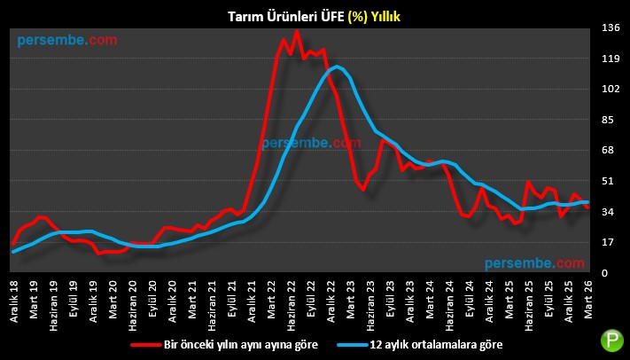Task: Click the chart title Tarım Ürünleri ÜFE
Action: coord(315,14)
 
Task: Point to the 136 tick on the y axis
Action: coord(610,29)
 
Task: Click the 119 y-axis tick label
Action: coord(610,59)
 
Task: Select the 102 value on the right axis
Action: coord(610,90)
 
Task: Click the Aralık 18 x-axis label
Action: coord(14,299)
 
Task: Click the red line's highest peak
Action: coord(296,31)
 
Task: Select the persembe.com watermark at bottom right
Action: coord(534,263)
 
